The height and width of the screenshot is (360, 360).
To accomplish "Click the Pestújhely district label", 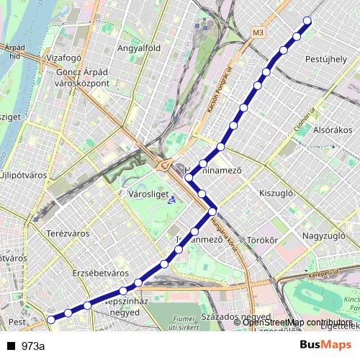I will point(326,58).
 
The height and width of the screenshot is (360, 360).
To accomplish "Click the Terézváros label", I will point(66,233).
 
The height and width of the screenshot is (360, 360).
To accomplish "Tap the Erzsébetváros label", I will point(100,274).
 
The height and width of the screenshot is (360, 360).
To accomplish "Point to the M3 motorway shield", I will point(259,32).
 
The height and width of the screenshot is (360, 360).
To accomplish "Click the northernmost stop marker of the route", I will point(308,21).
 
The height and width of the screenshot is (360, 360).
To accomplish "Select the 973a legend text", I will point(32,346).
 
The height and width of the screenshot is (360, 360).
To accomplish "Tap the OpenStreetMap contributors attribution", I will point(297,322).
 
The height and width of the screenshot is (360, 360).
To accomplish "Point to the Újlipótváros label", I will point(24,174).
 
